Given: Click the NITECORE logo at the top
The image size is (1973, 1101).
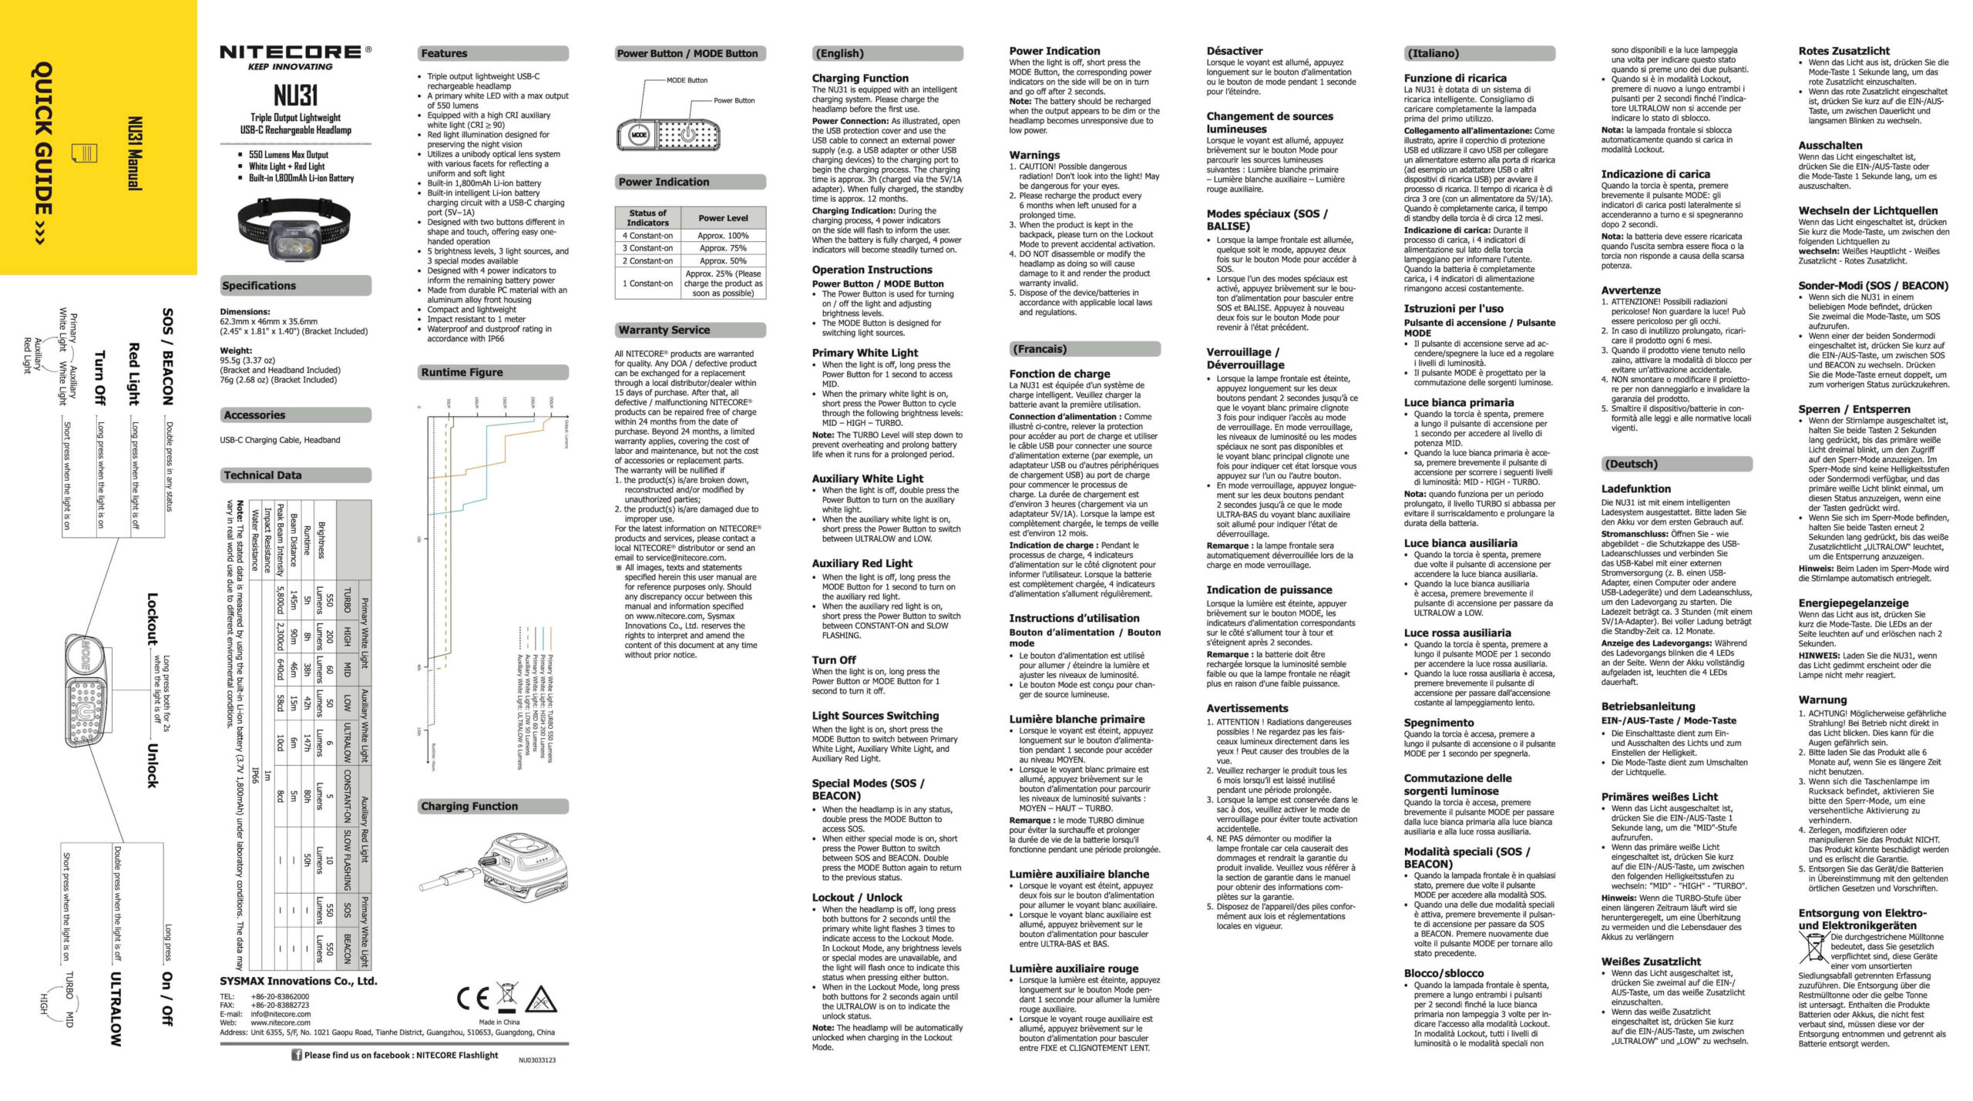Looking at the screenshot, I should point(294,52).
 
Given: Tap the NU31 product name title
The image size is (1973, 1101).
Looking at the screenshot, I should point(295,96).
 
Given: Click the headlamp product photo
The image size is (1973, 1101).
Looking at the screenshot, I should point(295,229).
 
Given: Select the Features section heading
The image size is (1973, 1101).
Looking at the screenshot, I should point(444,53).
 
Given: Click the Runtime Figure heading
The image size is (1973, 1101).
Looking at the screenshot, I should point(462,372).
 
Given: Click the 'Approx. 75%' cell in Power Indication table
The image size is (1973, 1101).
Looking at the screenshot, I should point(722,248).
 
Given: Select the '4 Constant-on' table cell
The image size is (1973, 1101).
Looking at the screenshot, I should point(647,236).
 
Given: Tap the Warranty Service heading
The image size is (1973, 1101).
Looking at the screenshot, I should point(664,330).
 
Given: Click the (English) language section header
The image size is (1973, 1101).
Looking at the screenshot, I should point(839,53).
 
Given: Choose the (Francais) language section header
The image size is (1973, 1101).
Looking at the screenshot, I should point(1038,349).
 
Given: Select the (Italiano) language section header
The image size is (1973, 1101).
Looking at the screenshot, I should point(1433,53).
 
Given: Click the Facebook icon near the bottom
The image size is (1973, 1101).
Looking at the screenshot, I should point(296,1055).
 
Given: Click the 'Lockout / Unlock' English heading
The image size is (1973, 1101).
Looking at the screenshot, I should point(856,898).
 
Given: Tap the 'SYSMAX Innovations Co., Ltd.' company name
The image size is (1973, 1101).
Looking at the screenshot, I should point(298,981).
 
